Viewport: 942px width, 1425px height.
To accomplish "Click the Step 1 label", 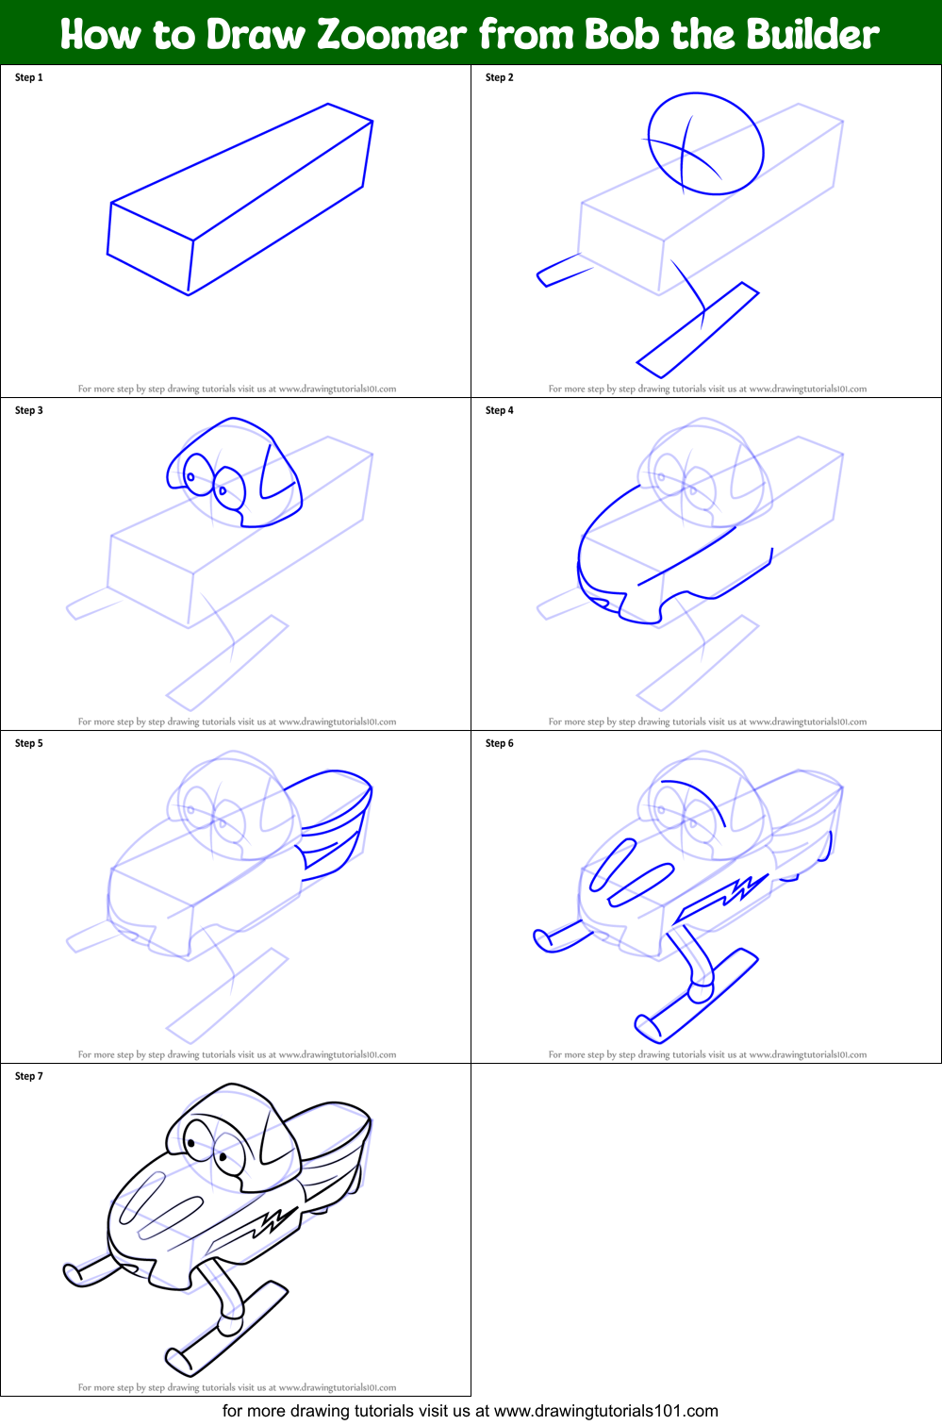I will pyautogui.click(x=29, y=77).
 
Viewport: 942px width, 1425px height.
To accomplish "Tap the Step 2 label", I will pyautogui.click(x=499, y=77).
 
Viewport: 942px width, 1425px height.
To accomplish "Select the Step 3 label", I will pyautogui.click(x=29, y=410).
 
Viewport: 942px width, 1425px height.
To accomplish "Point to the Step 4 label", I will pyautogui.click(x=499, y=410).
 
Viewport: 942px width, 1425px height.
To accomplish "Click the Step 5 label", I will pyautogui.click(x=29, y=743).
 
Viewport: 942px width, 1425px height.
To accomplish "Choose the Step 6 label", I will pyautogui.click(x=499, y=743).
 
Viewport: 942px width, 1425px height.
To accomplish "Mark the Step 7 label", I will pyautogui.click(x=29, y=1076).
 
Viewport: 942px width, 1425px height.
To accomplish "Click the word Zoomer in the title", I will pyautogui.click(x=391, y=35).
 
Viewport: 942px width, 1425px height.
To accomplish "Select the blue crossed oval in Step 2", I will pyautogui.click(x=705, y=144).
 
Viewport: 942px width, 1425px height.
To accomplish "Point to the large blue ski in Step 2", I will pyautogui.click(x=699, y=329).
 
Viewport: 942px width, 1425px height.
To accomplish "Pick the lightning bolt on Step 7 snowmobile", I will pyautogui.click(x=270, y=1223).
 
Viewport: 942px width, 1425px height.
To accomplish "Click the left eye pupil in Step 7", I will pyautogui.click(x=192, y=1144).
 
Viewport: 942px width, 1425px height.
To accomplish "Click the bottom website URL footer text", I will pyautogui.click(x=470, y=1411).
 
